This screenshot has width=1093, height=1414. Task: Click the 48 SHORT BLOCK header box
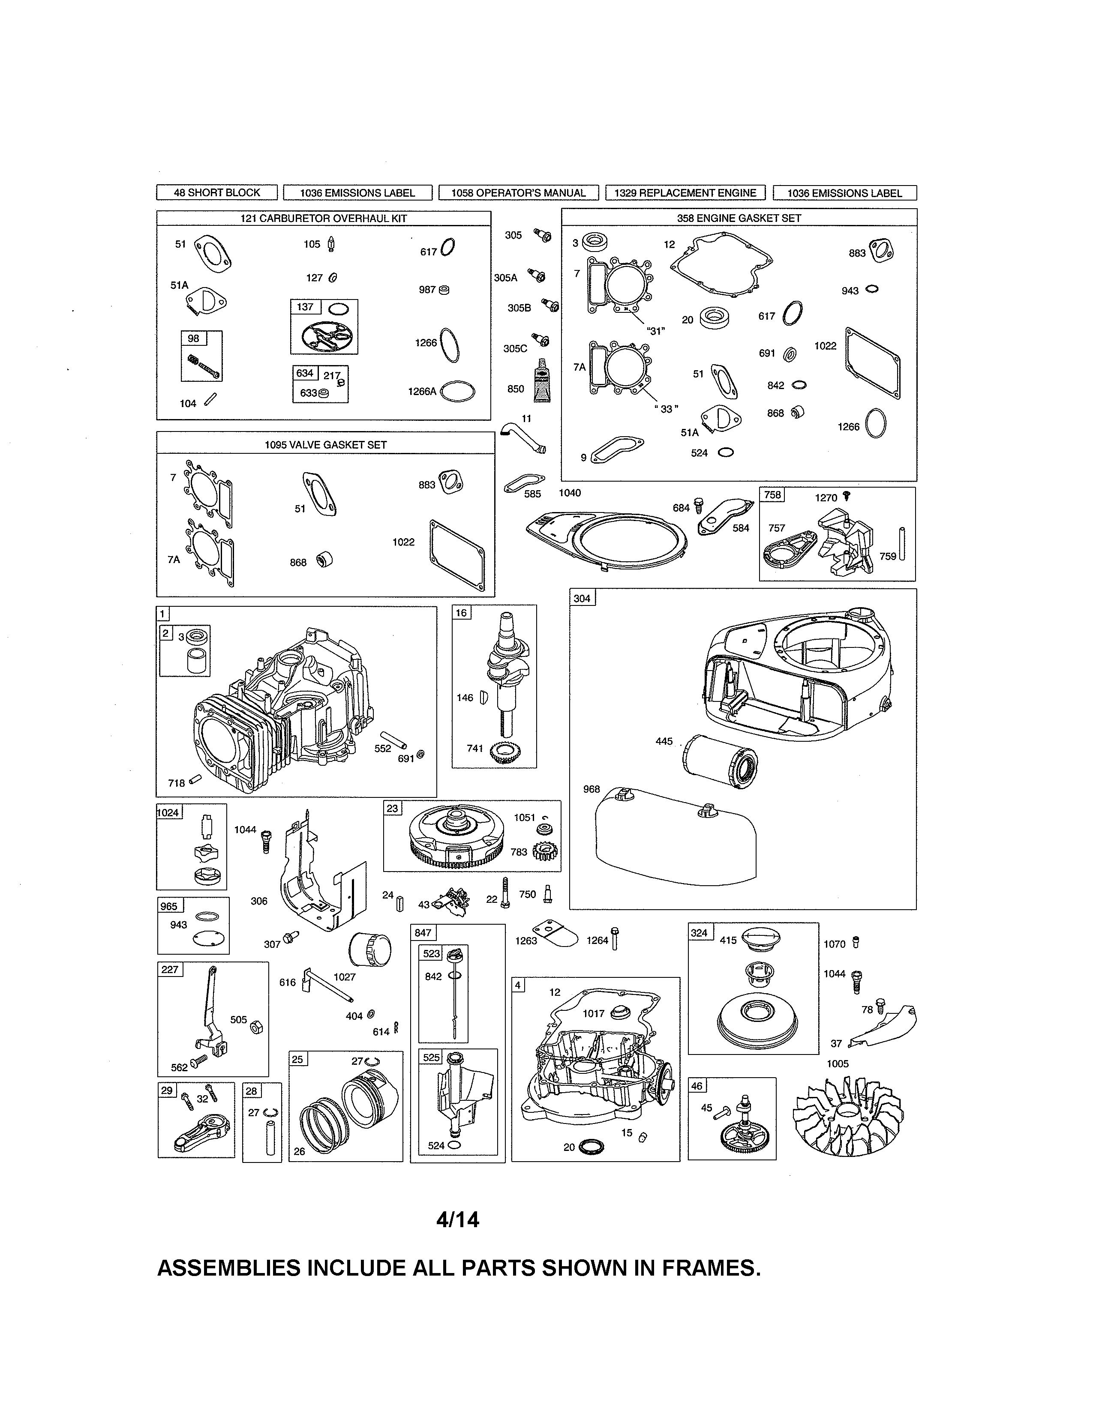tap(216, 192)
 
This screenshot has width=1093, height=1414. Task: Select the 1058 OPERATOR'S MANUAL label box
tap(518, 192)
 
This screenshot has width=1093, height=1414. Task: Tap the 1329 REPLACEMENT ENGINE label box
tap(685, 192)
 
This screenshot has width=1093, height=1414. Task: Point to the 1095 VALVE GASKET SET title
tap(326, 444)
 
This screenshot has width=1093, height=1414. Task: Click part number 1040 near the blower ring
tap(570, 493)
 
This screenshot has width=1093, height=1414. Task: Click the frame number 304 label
tap(582, 598)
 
